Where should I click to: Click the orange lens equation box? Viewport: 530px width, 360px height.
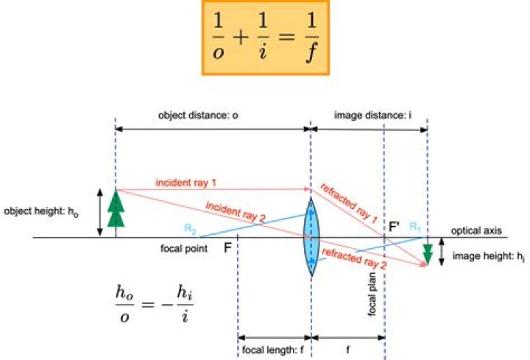click(266, 38)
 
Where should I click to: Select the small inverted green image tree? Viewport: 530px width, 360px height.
click(428, 254)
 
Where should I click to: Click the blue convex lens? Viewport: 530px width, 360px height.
click(311, 237)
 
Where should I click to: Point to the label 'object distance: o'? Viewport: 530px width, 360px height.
click(198, 116)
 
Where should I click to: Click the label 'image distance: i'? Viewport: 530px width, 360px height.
click(372, 116)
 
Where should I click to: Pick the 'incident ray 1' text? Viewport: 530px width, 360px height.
click(185, 183)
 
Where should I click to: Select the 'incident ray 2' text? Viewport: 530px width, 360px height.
click(236, 212)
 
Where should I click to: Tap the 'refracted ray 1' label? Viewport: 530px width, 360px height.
click(348, 203)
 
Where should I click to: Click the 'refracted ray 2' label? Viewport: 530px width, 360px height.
click(353, 258)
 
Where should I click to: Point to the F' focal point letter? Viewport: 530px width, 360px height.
click(394, 226)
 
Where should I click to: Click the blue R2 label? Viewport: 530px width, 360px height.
click(190, 228)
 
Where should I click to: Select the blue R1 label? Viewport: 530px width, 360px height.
click(415, 227)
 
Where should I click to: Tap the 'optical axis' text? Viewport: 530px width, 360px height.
click(476, 231)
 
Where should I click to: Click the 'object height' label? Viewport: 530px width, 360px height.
click(41, 212)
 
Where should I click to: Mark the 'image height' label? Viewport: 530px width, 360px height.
click(489, 256)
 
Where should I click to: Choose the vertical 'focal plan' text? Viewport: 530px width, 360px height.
click(372, 294)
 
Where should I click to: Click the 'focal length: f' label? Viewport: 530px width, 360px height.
click(273, 350)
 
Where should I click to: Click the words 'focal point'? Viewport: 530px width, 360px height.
click(184, 249)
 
